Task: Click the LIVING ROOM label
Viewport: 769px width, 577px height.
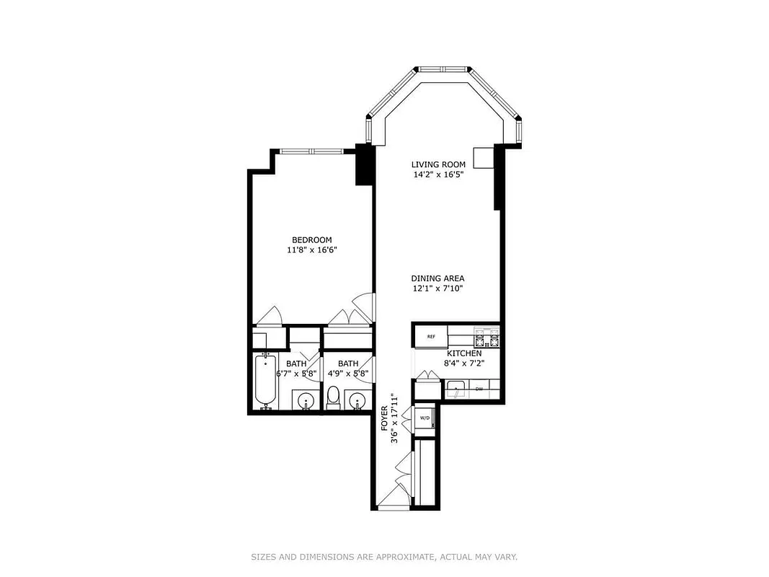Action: click(438, 164)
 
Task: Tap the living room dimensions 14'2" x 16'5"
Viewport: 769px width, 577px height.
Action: click(438, 175)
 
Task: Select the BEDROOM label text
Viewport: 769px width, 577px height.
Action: click(311, 240)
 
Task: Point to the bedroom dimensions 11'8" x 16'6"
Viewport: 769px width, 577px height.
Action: click(311, 250)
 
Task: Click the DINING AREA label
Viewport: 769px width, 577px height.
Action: click(437, 278)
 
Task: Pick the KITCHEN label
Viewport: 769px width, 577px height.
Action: click(464, 353)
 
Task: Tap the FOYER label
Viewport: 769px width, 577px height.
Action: click(385, 418)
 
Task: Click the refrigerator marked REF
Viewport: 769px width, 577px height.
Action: click(431, 337)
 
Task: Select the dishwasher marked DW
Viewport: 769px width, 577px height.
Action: click(479, 390)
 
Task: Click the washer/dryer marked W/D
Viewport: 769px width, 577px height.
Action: click(424, 418)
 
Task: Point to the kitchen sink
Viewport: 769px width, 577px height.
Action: click(456, 391)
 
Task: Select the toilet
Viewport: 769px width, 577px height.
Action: click(333, 397)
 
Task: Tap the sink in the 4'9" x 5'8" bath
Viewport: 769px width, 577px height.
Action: click(356, 400)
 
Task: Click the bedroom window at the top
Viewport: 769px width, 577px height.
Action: click(311, 151)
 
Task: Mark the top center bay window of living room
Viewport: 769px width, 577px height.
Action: click(443, 71)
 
